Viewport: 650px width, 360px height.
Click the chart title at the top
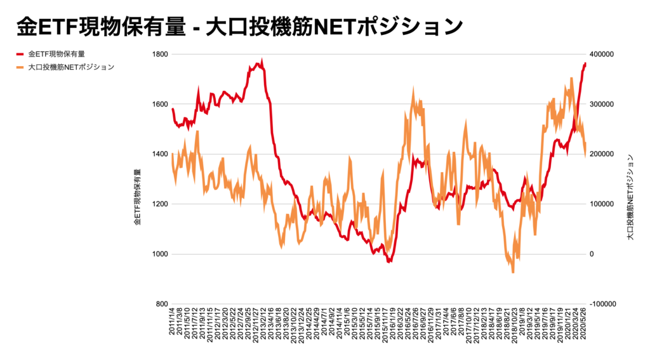[x=239, y=26]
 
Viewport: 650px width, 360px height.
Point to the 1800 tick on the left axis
[x=160, y=55]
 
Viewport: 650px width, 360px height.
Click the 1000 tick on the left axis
[x=160, y=255]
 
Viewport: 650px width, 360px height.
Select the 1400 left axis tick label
[x=160, y=154]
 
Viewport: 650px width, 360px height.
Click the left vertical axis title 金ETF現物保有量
[x=138, y=198]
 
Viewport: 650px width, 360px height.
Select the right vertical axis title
[x=630, y=197]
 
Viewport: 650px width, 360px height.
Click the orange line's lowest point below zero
[x=513, y=272]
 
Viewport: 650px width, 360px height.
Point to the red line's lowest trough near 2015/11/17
[x=389, y=261]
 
